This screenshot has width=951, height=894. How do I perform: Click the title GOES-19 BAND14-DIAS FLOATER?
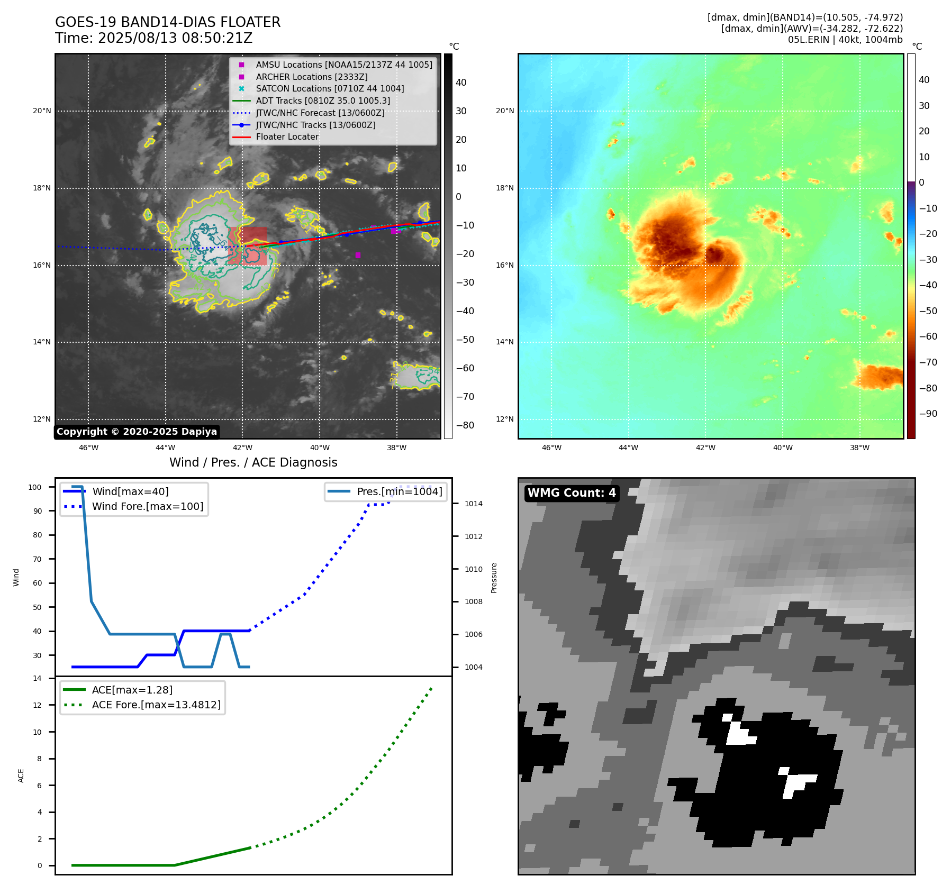(x=168, y=22)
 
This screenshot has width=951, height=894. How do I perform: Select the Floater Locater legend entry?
(x=287, y=137)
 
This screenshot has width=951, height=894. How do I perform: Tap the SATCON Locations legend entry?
(x=330, y=89)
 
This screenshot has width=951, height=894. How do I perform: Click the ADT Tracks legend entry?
(x=323, y=101)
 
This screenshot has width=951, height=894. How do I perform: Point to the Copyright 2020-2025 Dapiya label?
(x=137, y=432)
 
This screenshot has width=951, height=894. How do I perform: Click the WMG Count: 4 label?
(x=572, y=493)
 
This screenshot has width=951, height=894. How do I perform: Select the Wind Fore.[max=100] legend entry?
(x=148, y=506)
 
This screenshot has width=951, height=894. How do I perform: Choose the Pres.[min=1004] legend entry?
(x=400, y=491)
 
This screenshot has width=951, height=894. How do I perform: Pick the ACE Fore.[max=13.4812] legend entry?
(x=156, y=705)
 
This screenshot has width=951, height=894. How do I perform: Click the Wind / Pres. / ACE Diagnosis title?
(x=253, y=462)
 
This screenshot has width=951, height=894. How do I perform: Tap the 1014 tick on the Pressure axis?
(x=474, y=504)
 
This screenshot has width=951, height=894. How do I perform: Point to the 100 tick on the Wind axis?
(x=35, y=487)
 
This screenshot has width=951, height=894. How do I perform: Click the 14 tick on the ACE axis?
(x=37, y=678)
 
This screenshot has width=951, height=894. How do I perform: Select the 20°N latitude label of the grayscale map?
(x=42, y=111)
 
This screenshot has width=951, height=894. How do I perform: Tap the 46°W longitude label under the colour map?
(x=551, y=448)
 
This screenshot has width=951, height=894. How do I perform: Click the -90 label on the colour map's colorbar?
(x=928, y=414)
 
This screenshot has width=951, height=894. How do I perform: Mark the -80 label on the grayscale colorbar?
(x=465, y=425)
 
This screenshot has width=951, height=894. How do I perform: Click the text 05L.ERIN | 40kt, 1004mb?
(x=845, y=40)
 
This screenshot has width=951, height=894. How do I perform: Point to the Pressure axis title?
(x=494, y=578)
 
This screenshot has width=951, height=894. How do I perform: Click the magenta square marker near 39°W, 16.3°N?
(x=358, y=256)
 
